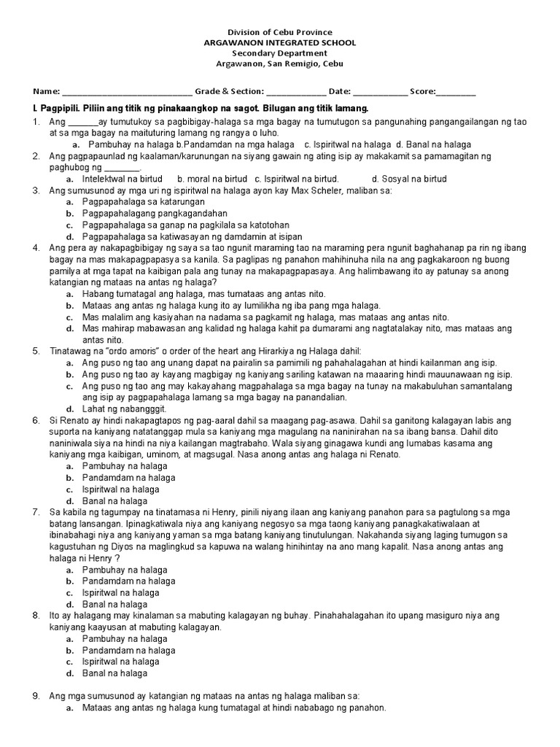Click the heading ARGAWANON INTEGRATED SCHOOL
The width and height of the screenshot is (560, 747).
tap(280, 43)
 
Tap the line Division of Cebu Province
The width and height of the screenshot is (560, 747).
tap(280, 32)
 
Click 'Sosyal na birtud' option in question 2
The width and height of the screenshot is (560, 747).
tap(409, 179)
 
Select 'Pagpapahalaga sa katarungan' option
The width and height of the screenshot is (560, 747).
tap(144, 202)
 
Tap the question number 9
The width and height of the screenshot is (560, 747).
tap(35, 696)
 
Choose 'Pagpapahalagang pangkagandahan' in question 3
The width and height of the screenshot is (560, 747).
tap(152, 214)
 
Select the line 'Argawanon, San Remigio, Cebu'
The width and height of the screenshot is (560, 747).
tap(280, 63)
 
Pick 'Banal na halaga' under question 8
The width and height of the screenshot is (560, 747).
tap(115, 673)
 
